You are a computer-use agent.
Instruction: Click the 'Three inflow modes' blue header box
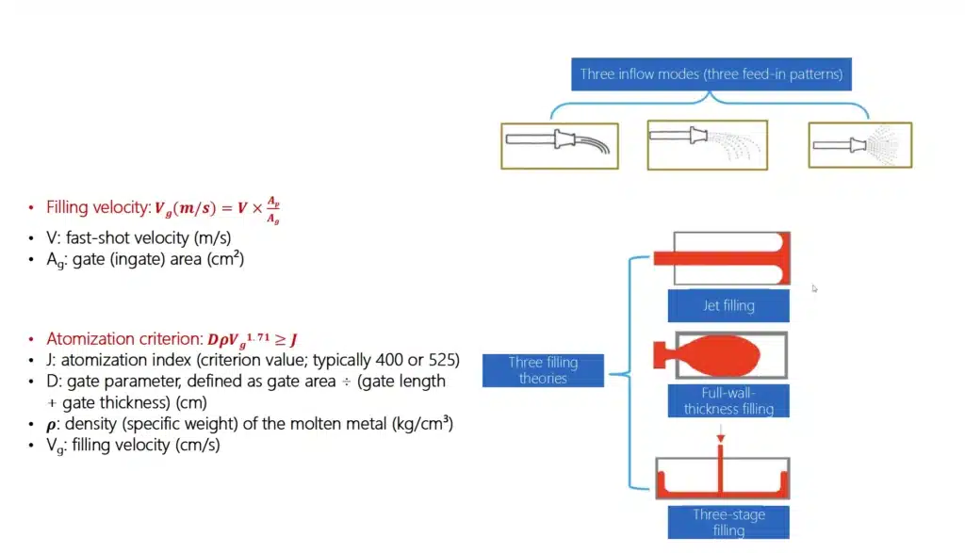coord(711,74)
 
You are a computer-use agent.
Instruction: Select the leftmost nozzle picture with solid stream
coord(559,145)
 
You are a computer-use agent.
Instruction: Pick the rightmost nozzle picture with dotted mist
coord(859,145)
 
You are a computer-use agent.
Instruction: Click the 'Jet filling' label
coord(728,305)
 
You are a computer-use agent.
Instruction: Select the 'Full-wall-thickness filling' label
coord(728,400)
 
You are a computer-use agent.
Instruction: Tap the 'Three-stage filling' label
coord(728,522)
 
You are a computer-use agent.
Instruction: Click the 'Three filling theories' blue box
coord(543,370)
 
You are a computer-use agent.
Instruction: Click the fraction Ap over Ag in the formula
coord(271,212)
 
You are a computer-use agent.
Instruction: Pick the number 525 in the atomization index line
coord(440,360)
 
